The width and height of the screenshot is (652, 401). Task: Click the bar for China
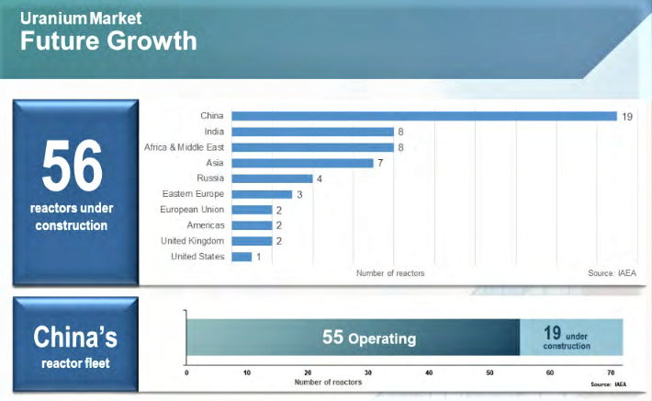point(423,116)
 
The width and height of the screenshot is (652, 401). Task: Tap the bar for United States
point(242,257)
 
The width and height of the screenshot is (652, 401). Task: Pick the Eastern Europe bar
point(262,194)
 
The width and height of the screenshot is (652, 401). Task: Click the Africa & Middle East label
point(184,147)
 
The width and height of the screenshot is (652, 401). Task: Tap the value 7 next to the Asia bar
point(380,163)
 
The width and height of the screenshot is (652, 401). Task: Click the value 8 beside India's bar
point(400,132)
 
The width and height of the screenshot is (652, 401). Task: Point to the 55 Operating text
point(368,338)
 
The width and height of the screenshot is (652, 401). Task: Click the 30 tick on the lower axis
point(368,372)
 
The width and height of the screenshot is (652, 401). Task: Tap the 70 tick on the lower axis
point(611,372)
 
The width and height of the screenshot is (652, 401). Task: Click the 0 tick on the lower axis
point(186,372)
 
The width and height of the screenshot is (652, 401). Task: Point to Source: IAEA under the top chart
point(611,273)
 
